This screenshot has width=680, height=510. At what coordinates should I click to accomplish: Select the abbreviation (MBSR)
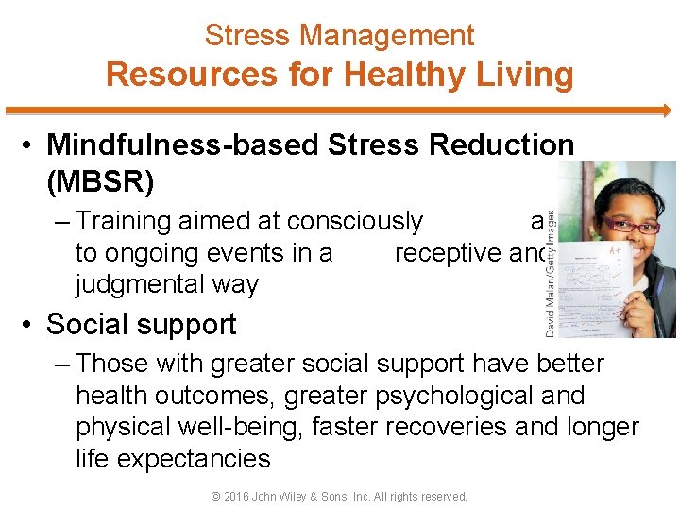click(101, 179)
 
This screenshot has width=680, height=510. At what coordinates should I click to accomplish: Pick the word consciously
click(354, 221)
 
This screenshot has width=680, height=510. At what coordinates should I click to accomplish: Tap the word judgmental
click(166, 284)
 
